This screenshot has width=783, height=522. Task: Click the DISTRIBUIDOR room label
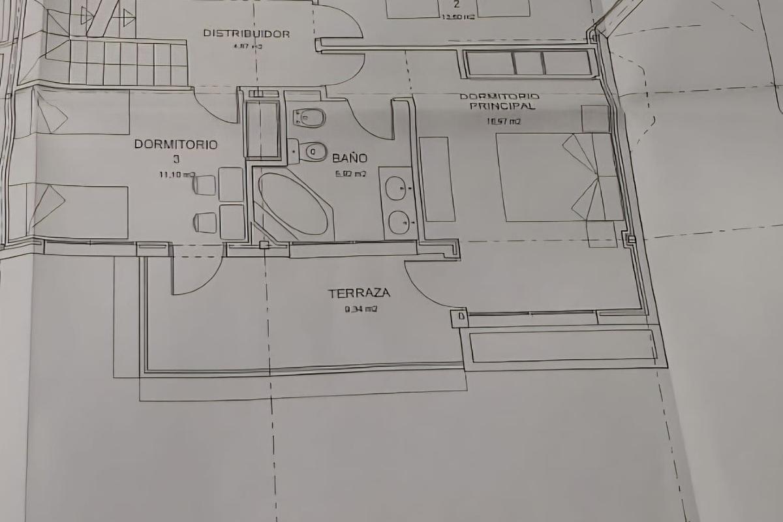coord(246,33)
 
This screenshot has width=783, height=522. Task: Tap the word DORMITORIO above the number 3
coord(176,144)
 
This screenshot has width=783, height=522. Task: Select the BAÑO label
coord(350,158)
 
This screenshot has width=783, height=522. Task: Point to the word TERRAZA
coord(359,294)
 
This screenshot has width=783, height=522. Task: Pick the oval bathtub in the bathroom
coord(294,203)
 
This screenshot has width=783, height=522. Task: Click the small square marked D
coord(461,318)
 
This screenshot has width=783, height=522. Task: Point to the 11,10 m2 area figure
coord(177,174)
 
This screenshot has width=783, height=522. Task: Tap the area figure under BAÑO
coord(350,174)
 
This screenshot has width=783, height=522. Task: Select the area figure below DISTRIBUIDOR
coord(246,47)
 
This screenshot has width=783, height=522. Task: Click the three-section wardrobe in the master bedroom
coord(528,63)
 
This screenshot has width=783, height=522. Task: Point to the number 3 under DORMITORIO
coord(176,159)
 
